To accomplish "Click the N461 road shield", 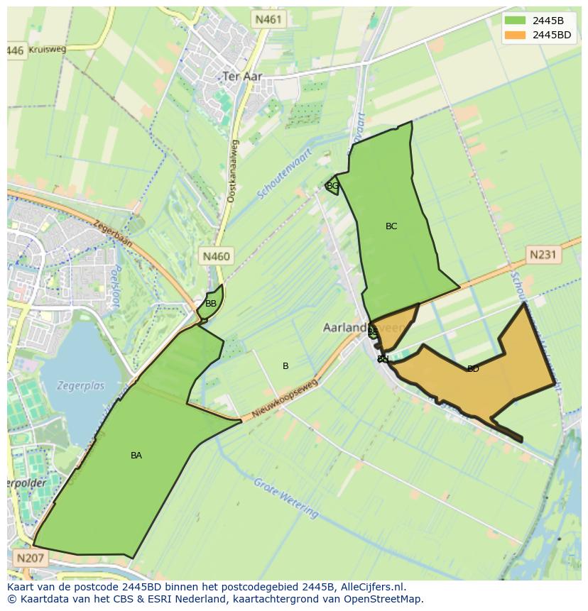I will click(268, 19).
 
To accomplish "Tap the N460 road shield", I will click(216, 256).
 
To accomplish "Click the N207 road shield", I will click(31, 558).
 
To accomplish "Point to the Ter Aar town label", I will click(242, 76).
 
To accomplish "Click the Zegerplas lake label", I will click(82, 386).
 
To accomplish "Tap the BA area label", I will click(136, 456).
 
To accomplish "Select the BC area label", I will click(391, 226).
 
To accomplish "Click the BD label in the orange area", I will click(473, 369).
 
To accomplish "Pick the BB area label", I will click(211, 304).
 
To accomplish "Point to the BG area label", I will click(332, 186).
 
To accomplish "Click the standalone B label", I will click(285, 366).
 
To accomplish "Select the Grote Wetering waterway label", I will click(285, 498).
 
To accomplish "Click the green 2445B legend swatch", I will click(515, 20).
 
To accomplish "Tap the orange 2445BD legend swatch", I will click(515, 34).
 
